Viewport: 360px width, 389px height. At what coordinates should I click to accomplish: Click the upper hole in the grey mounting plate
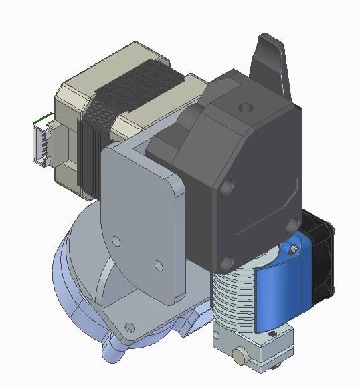point(116,239)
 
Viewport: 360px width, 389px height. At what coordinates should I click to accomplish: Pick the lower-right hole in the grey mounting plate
point(158,265)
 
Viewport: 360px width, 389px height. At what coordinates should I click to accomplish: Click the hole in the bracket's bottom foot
point(130,327)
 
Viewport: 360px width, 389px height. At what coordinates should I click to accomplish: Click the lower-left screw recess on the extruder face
point(226,261)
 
